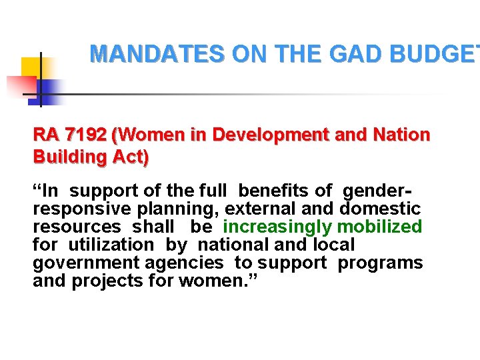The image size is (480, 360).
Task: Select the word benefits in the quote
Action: tap(275, 192)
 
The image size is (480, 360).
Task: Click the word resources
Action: tap(77, 227)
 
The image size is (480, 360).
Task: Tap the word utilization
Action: tap(111, 245)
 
